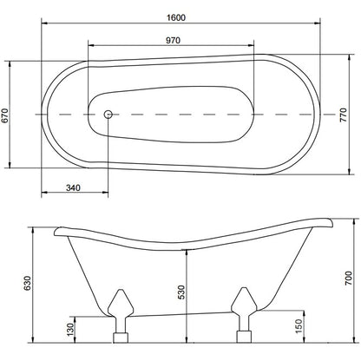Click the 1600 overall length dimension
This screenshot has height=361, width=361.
176,17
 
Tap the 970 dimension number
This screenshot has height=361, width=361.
173,40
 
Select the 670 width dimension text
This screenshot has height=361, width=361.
5,115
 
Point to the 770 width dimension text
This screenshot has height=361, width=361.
343,115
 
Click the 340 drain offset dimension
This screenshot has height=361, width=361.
73,187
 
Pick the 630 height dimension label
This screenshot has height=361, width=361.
27,283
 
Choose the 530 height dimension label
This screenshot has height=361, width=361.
181,292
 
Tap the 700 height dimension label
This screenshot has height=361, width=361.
349,279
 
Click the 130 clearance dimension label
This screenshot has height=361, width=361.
70,330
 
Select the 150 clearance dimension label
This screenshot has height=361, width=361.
299,326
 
